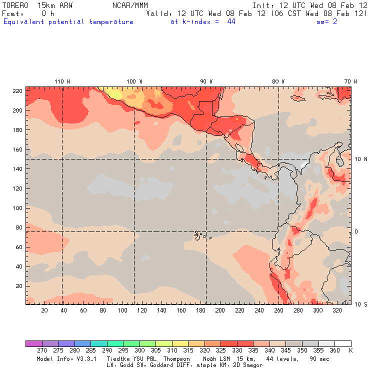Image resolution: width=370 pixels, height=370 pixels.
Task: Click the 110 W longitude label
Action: [x=62, y=81]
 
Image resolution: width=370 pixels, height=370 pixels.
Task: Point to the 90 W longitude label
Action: [x=206, y=81]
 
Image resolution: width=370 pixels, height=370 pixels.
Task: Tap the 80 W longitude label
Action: [x=278, y=81]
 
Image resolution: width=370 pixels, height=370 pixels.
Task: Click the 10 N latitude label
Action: [x=360, y=159]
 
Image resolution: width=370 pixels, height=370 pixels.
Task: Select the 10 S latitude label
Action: [x=360, y=304]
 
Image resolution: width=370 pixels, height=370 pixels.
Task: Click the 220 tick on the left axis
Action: [x=17, y=90]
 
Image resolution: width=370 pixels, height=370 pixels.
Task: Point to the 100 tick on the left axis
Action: [x=17, y=208]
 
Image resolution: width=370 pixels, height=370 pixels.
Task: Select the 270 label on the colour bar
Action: [x=41, y=350]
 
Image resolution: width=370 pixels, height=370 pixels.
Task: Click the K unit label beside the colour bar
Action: [x=350, y=350]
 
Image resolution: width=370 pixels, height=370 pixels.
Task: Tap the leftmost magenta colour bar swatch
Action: [x=33, y=343]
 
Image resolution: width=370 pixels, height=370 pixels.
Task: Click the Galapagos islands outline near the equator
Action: [x=199, y=234]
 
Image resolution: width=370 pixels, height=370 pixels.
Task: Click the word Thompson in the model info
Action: [x=176, y=359]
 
